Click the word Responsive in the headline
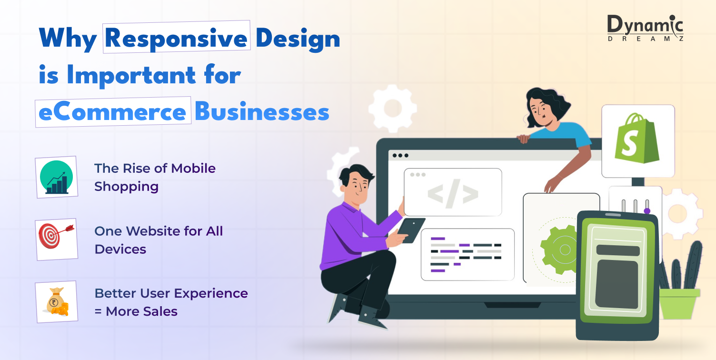(177, 38)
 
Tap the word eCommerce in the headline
(112, 112)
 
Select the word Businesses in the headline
(262, 112)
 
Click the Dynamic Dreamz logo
(646, 29)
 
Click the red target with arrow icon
(57, 240)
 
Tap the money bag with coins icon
(57, 302)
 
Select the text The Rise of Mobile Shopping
(155, 177)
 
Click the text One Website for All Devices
(159, 240)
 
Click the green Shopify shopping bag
(637, 139)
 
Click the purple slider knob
(647, 210)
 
